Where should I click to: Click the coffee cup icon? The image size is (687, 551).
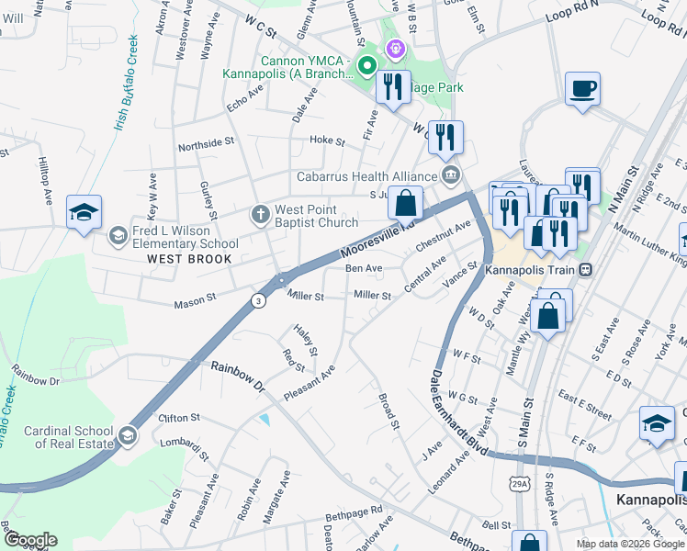pos(582,90)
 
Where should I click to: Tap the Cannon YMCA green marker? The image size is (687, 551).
pos(366,65)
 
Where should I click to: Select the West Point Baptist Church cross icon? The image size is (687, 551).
pos(260,214)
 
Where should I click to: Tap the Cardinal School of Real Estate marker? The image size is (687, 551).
pos(128,434)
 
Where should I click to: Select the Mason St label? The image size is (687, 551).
pos(197,298)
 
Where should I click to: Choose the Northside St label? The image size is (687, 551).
pos(202,144)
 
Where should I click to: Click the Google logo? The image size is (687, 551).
pos(30,541)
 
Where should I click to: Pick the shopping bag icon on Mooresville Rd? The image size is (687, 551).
pos(405,203)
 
